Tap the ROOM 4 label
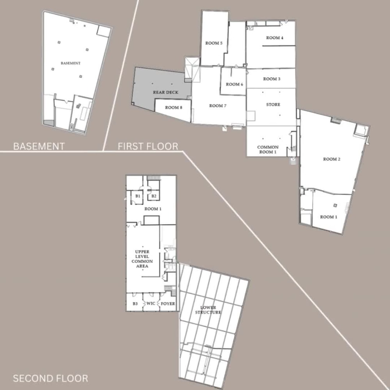coord(275,38)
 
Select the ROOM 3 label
coord(272,79)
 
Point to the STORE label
coord(273,105)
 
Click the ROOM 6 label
coord(234,84)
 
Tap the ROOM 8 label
coord(174,107)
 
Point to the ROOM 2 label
coord(332,159)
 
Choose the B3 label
coord(135,303)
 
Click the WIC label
coord(151,303)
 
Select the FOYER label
coord(168,303)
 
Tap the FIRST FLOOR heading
coord(148,147)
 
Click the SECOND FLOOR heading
coord(50,378)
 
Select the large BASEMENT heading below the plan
coord(39,147)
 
